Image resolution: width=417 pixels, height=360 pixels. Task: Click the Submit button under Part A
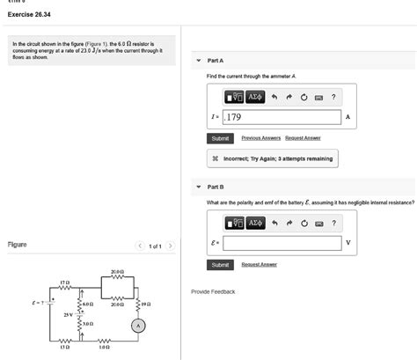(220, 138)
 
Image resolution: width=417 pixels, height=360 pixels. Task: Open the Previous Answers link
(260, 138)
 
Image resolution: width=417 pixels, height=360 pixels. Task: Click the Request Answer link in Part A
(303, 138)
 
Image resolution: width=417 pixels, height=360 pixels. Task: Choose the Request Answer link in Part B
(259, 264)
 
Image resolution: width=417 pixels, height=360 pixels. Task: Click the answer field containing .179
(282, 117)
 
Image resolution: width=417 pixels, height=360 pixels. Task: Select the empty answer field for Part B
(282, 243)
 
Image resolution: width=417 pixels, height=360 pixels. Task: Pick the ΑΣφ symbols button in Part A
(255, 96)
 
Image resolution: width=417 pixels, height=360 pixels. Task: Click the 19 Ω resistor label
(146, 303)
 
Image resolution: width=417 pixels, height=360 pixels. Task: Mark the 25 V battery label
(68, 313)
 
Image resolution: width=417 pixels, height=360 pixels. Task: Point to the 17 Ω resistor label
(63, 283)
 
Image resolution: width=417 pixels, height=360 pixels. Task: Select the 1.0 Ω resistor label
(104, 348)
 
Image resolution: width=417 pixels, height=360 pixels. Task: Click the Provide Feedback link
(213, 291)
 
